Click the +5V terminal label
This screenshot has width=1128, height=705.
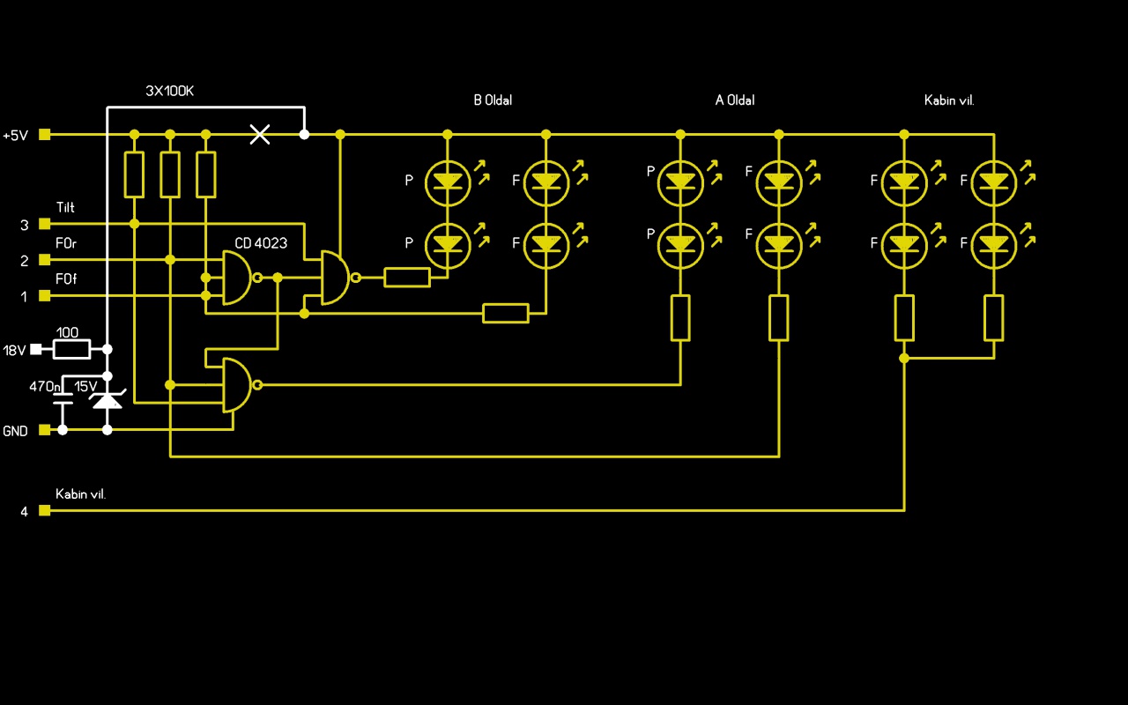[x=16, y=136]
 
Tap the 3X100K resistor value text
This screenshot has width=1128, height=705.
[x=169, y=91]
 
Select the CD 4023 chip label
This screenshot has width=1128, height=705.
[x=261, y=243]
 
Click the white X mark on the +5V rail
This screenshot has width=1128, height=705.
[x=260, y=134]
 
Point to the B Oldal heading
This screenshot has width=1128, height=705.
[x=493, y=100]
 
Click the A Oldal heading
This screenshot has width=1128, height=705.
[x=735, y=100]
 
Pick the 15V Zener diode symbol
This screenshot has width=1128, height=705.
[x=108, y=401]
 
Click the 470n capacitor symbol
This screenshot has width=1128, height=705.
[x=63, y=403]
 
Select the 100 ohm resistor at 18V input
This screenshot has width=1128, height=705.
[x=71, y=350]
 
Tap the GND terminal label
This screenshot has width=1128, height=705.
[x=15, y=432]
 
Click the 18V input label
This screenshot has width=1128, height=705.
[x=14, y=351]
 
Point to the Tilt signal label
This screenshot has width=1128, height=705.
[x=65, y=208]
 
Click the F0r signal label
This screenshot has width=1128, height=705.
[x=65, y=243]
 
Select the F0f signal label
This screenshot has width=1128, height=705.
[x=65, y=278]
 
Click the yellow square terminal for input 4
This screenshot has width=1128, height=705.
[x=45, y=510]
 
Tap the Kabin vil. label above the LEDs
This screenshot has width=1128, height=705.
[x=949, y=100]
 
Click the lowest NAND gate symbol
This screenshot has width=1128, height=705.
[x=237, y=385]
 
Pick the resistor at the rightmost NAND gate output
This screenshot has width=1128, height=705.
[x=407, y=278]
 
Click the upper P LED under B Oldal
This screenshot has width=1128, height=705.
[x=448, y=181]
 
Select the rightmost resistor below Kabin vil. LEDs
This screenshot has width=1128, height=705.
[x=994, y=318]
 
